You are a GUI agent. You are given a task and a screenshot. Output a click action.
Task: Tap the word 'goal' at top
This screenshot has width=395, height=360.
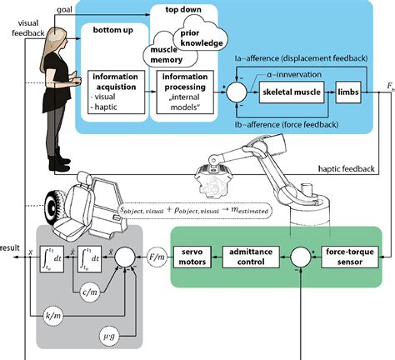point(64,7)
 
